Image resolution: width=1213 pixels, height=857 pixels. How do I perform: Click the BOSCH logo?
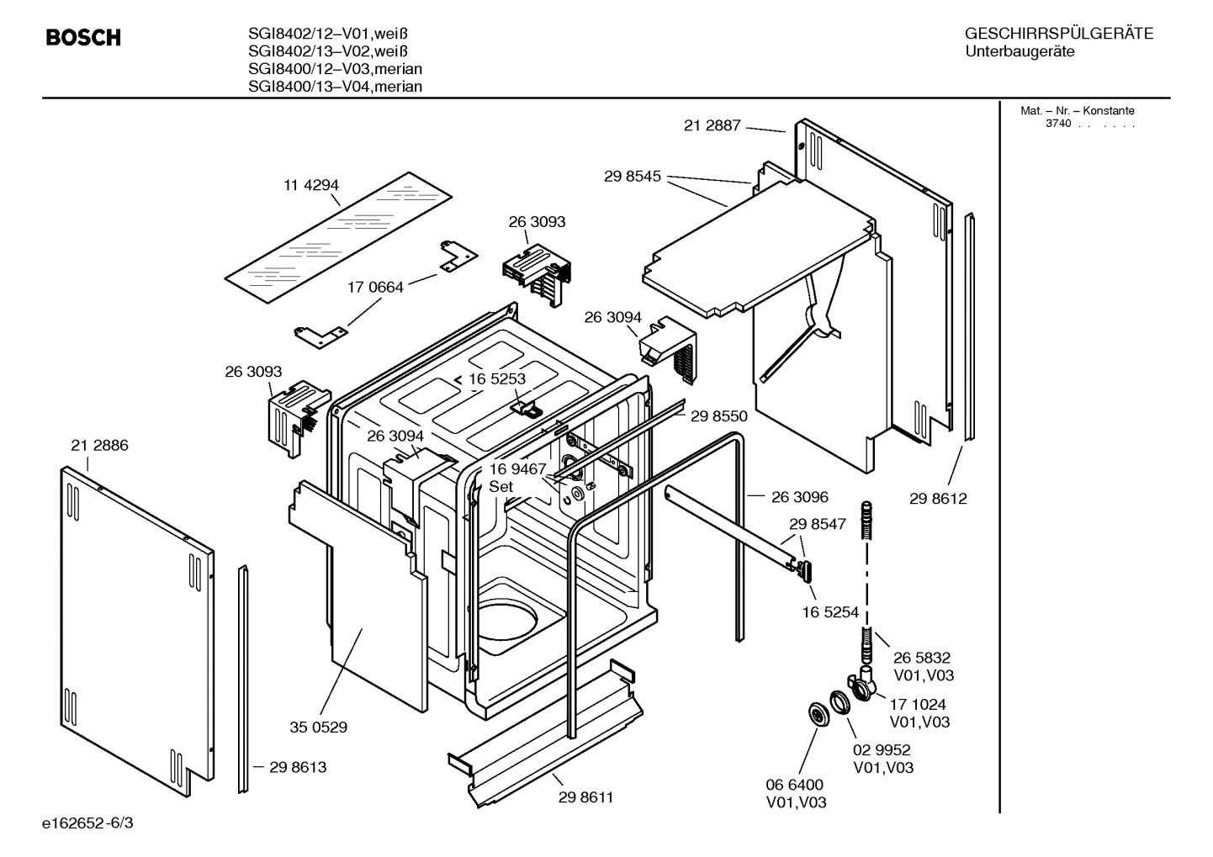tap(83, 38)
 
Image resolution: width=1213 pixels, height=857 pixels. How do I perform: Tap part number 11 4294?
tap(311, 185)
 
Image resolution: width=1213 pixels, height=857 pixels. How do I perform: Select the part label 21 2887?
tap(712, 125)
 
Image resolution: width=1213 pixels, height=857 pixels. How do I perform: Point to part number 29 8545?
tap(633, 177)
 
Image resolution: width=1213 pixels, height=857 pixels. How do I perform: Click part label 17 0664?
tap(375, 287)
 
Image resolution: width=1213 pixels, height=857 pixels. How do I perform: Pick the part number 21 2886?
tap(99, 446)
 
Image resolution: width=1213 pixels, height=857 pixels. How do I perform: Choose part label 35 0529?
tap(318, 727)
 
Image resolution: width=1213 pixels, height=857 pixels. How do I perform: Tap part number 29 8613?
tap(298, 767)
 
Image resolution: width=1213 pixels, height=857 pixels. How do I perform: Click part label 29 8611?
tap(585, 797)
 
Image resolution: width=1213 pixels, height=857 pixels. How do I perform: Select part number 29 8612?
tap(938, 499)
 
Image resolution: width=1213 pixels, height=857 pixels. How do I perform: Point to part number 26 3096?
tap(800, 497)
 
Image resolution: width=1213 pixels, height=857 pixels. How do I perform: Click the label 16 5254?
tap(831, 613)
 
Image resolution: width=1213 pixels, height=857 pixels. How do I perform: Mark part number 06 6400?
tap(794, 786)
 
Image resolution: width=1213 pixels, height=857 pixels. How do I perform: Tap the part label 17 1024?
tap(917, 705)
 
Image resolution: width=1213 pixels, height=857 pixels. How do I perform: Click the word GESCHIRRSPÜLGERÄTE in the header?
tap(1058, 34)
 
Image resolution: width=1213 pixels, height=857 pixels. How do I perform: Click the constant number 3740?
tap(1058, 124)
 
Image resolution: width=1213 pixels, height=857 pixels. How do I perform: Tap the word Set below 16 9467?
tap(501, 486)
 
